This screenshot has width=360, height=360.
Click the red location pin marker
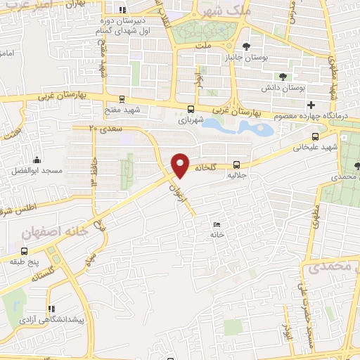coord(181,165)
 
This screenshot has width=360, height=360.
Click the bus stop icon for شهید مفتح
coord(122,100)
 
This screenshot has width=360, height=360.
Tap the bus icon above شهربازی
coord(191,108)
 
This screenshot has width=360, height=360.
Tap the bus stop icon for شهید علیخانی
coord(314,136)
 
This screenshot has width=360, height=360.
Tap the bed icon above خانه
coord(217,224)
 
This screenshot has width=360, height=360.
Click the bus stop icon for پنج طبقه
coord(25,251)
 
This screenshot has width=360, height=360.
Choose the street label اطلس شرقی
coord(18,208)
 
